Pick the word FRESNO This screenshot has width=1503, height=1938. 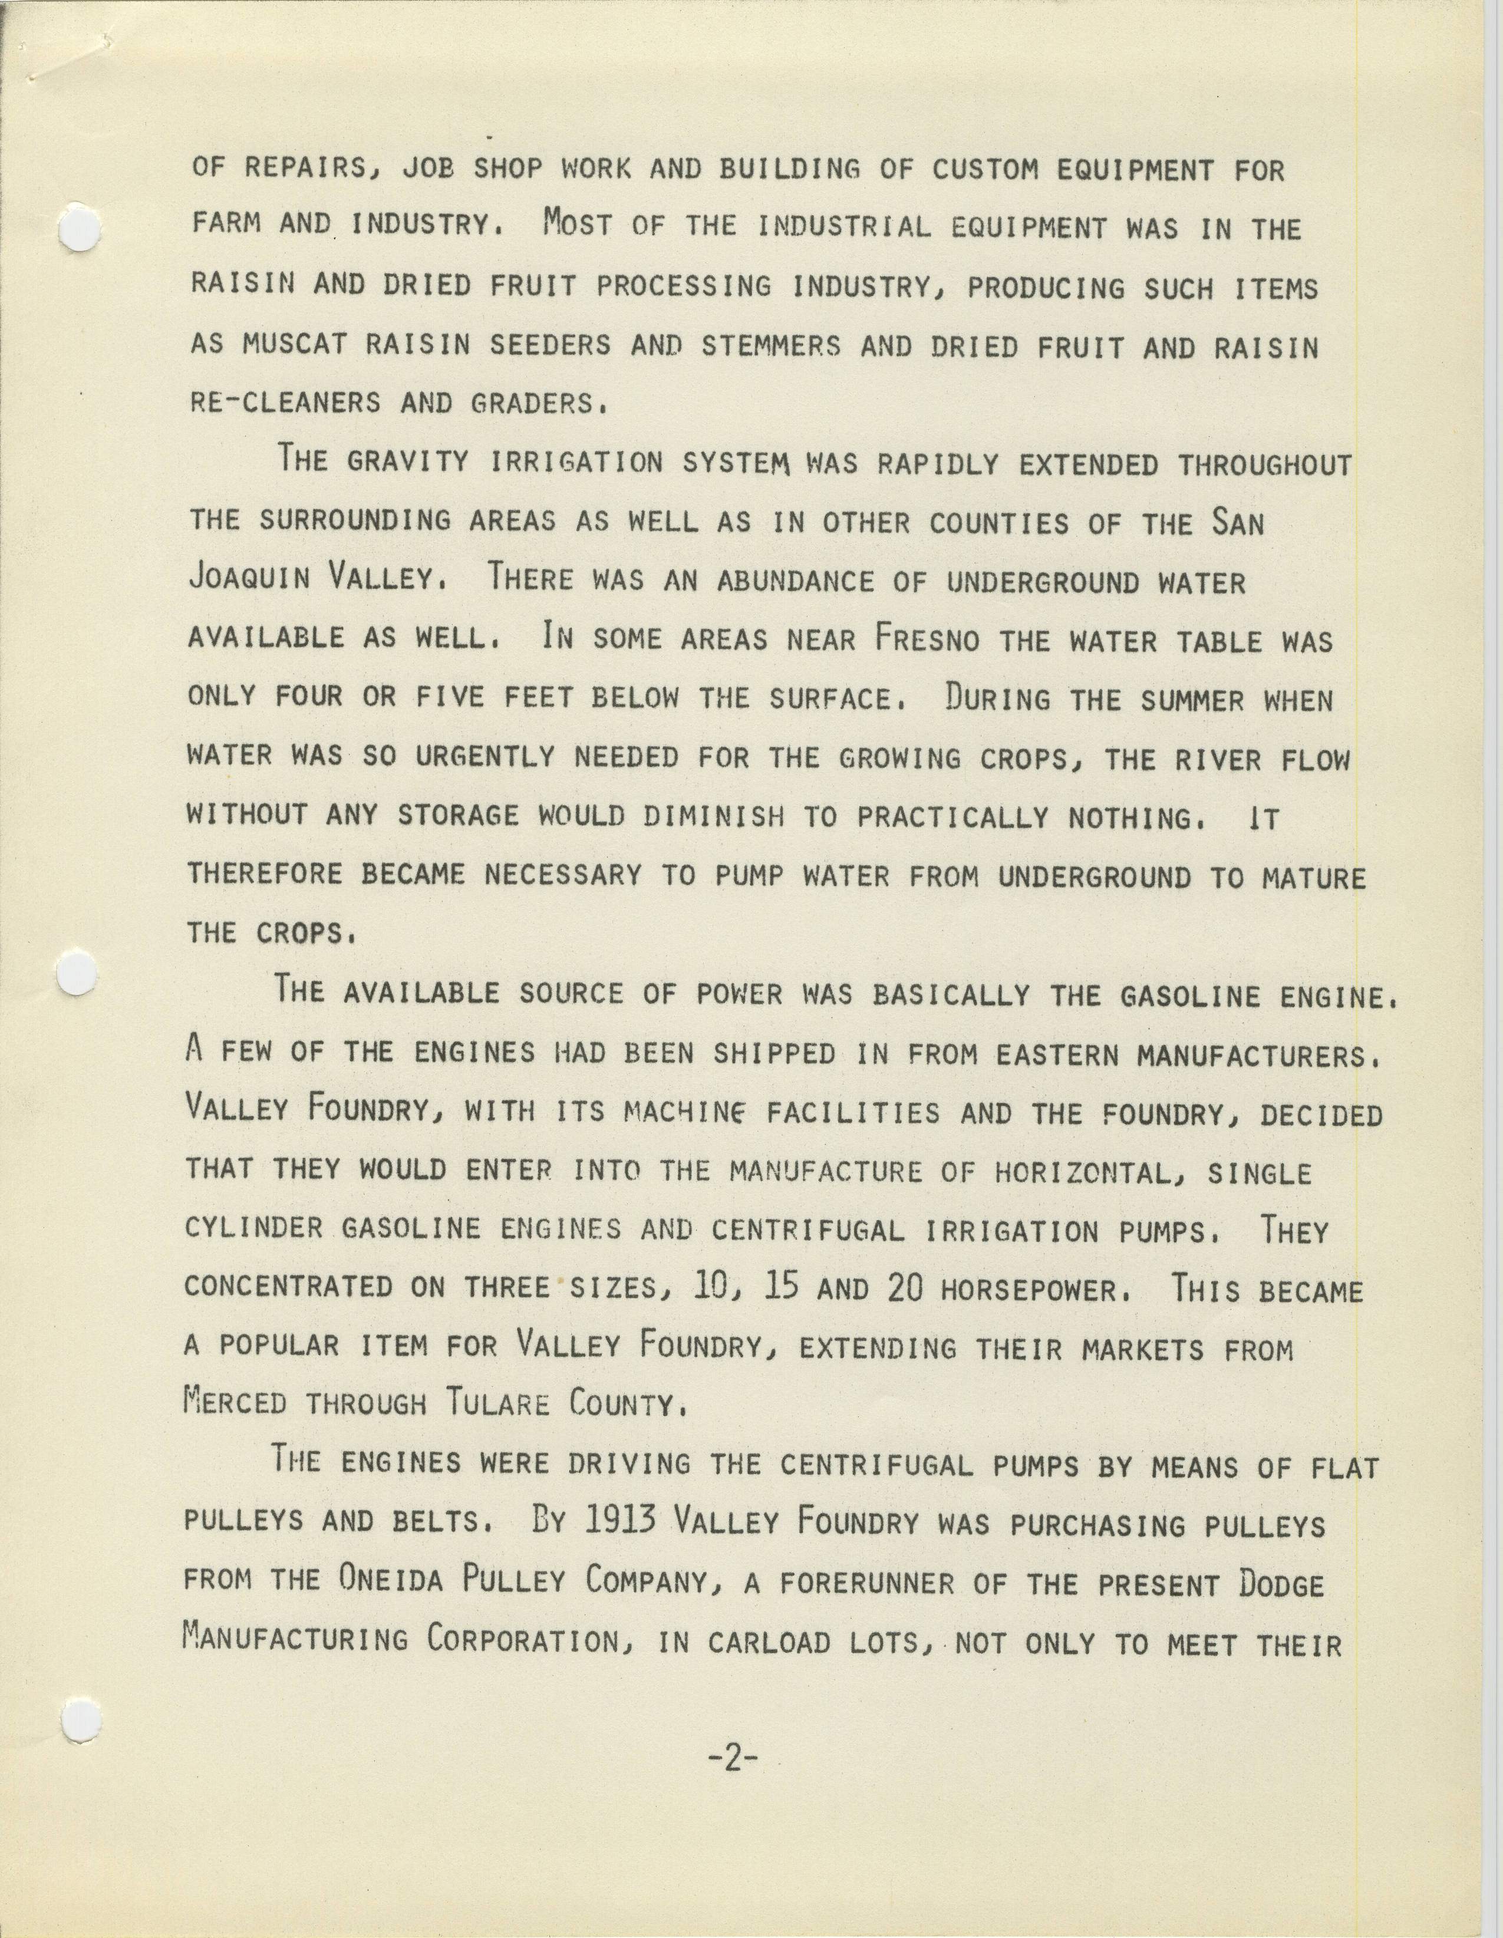(927, 639)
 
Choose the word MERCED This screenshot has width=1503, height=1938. (235, 1402)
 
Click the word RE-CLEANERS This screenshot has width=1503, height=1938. (286, 403)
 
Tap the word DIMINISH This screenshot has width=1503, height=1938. (713, 816)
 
